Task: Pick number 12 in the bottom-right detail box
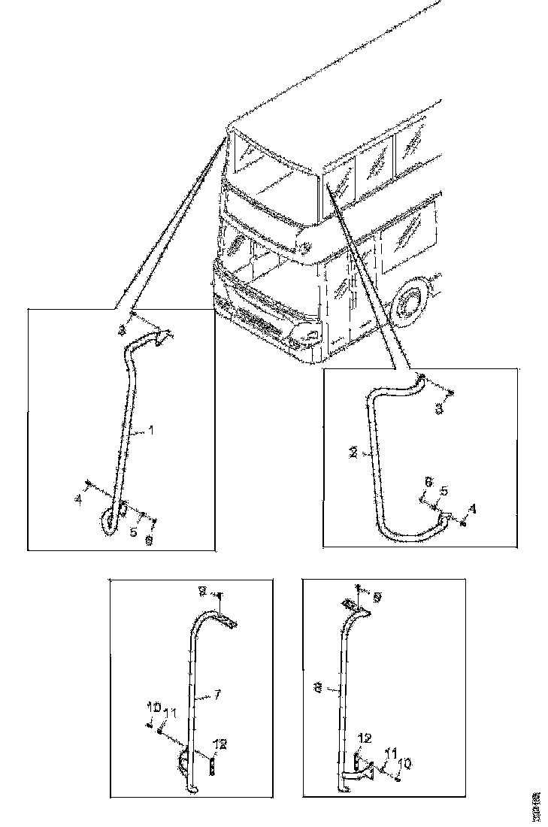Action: [x=363, y=740]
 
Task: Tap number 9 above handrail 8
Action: [x=377, y=596]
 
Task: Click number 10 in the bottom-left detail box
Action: [x=153, y=707]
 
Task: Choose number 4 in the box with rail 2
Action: [x=472, y=509]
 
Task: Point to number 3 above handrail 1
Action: [x=122, y=329]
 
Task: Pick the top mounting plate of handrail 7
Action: [x=226, y=618]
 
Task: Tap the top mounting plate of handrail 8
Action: [x=353, y=605]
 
